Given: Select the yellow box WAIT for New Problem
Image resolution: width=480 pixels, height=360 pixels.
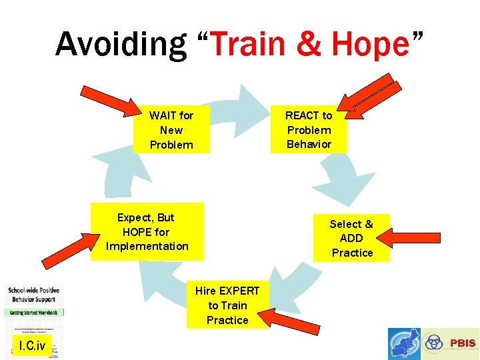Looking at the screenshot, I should click(x=171, y=130).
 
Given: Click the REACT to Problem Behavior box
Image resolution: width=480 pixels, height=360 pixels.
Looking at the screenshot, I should click(x=309, y=130).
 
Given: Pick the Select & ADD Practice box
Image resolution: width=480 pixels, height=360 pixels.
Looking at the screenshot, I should click(x=351, y=238).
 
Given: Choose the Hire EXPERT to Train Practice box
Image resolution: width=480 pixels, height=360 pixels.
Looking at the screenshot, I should click(x=227, y=305).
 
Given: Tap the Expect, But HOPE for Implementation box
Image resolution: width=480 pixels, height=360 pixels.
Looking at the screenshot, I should click(x=147, y=231).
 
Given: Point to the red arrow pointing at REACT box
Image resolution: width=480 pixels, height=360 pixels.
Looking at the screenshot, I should click(x=369, y=99).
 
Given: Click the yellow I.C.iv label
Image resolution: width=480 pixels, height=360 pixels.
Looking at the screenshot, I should click(x=32, y=345).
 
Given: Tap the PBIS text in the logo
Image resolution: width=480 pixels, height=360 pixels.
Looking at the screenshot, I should click(x=463, y=344).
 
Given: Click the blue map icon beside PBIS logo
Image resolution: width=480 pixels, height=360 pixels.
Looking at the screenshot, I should click(x=404, y=344).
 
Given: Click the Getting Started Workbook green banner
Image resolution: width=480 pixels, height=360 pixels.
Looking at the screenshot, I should click(x=35, y=312).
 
